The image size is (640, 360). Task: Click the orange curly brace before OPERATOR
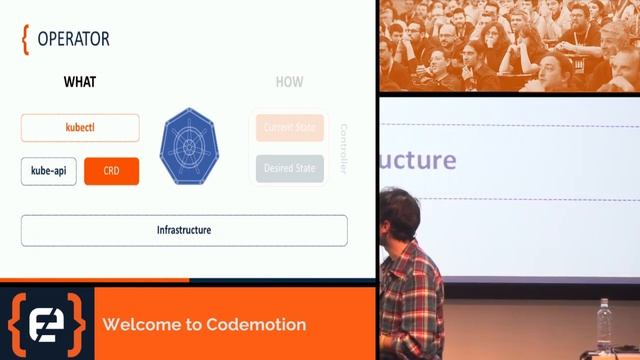25,39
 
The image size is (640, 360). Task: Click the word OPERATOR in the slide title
73,39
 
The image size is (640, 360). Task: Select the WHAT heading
80,82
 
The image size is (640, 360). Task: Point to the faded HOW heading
289,82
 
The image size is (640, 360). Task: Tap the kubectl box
80,128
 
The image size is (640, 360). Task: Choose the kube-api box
48,171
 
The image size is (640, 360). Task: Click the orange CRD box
111,171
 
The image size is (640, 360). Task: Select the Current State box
290,128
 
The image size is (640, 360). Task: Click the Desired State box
290,168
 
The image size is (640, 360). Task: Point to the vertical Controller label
343,148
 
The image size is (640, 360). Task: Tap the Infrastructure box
184,230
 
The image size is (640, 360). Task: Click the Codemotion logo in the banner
47,324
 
